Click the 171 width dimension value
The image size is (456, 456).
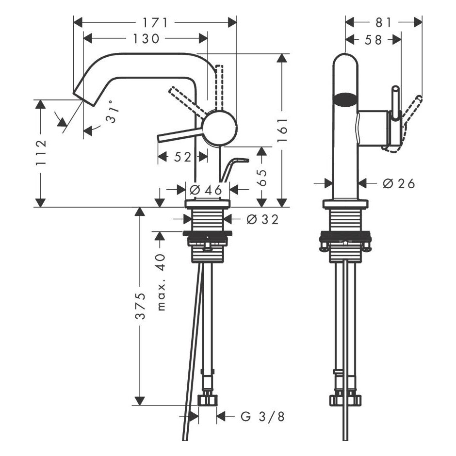pyautogui.click(x=156, y=23)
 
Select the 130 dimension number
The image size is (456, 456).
pyautogui.click(x=147, y=39)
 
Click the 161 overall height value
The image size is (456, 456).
pyautogui.click(x=282, y=130)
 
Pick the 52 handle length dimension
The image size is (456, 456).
pyautogui.click(x=183, y=157)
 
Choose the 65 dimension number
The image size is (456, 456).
pyautogui.click(x=262, y=178)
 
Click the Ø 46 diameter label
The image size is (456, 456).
pyautogui.click(x=206, y=190)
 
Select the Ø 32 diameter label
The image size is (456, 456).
pyautogui.click(x=262, y=220)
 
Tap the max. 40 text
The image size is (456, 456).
pyautogui.click(x=161, y=282)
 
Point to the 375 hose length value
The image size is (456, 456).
pyautogui.click(x=141, y=306)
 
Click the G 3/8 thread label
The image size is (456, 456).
pyautogui.click(x=262, y=417)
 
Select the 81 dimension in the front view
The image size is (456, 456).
pyautogui.click(x=384, y=23)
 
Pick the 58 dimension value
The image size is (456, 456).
pyautogui.click(x=373, y=40)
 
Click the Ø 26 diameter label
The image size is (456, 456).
pyautogui.click(x=399, y=183)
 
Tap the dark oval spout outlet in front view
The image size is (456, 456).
pyautogui.click(x=345, y=98)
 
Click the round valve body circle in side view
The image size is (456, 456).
pyautogui.click(x=220, y=128)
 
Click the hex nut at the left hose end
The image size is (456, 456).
pyautogui.click(x=208, y=400)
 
